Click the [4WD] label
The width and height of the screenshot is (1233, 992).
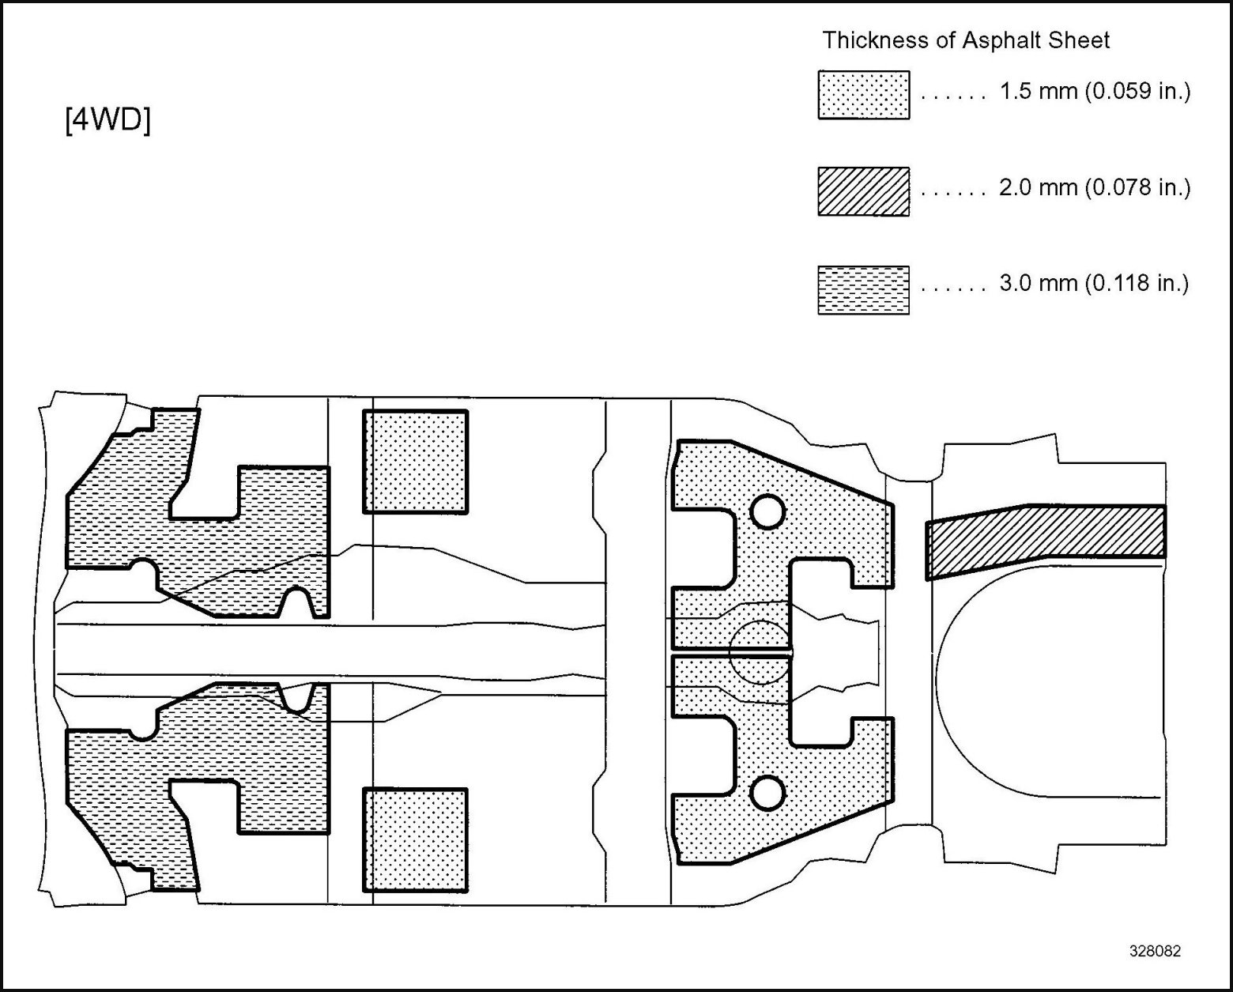click(x=107, y=120)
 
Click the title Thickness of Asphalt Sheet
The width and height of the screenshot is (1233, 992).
click(x=966, y=40)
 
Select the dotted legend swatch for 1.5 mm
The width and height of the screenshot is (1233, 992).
click(x=863, y=95)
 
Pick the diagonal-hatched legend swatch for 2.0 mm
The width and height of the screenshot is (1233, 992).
click(x=863, y=191)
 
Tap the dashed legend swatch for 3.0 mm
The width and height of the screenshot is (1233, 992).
click(x=863, y=290)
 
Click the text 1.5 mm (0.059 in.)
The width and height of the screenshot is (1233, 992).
click(x=1095, y=91)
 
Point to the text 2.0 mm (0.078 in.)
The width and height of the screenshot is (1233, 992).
click(x=1095, y=187)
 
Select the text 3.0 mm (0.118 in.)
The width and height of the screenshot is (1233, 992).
click(x=1095, y=283)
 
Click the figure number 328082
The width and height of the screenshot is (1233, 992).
click(x=1155, y=952)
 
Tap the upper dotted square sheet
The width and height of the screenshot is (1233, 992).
click(x=416, y=462)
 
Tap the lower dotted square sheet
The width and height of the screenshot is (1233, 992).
click(x=416, y=840)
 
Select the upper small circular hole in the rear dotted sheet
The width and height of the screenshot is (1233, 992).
click(x=767, y=511)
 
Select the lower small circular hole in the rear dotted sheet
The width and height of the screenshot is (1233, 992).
click(x=767, y=793)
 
